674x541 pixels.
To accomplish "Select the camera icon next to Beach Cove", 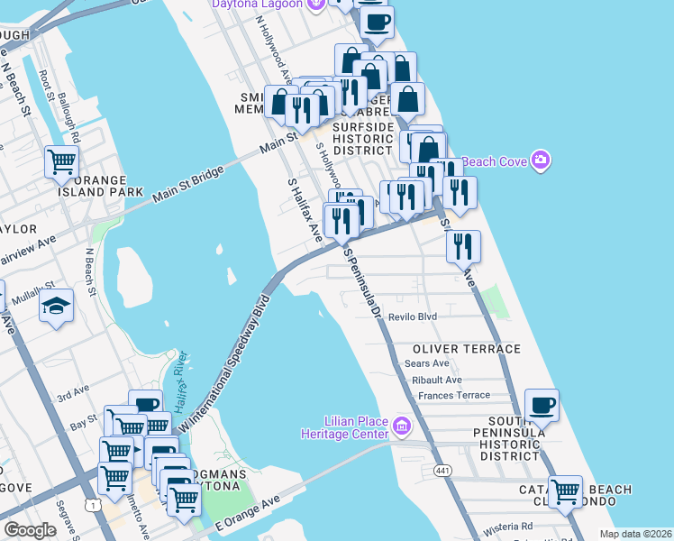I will point(541,160).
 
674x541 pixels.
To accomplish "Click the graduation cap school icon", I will point(56,307).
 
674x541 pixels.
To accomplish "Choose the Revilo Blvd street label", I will point(413,317).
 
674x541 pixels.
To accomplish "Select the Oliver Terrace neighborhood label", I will point(467,349).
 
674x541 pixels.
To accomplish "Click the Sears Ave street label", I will point(427,363).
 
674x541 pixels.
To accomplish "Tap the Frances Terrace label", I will point(454,396).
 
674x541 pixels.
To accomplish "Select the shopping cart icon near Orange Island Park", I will point(62,162).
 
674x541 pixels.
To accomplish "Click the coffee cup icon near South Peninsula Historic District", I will point(541,406).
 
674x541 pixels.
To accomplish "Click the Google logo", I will point(30,530).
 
